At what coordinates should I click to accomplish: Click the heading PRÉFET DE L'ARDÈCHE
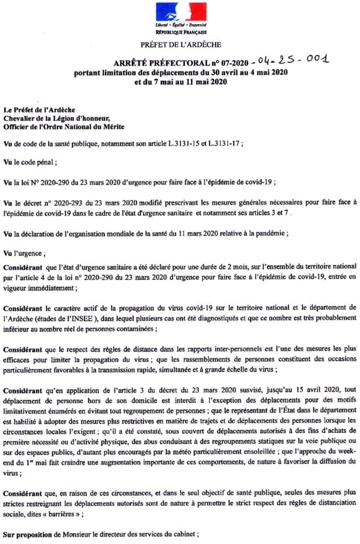coord(181,45)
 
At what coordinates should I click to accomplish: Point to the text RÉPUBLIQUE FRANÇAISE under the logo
coord(181,32)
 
